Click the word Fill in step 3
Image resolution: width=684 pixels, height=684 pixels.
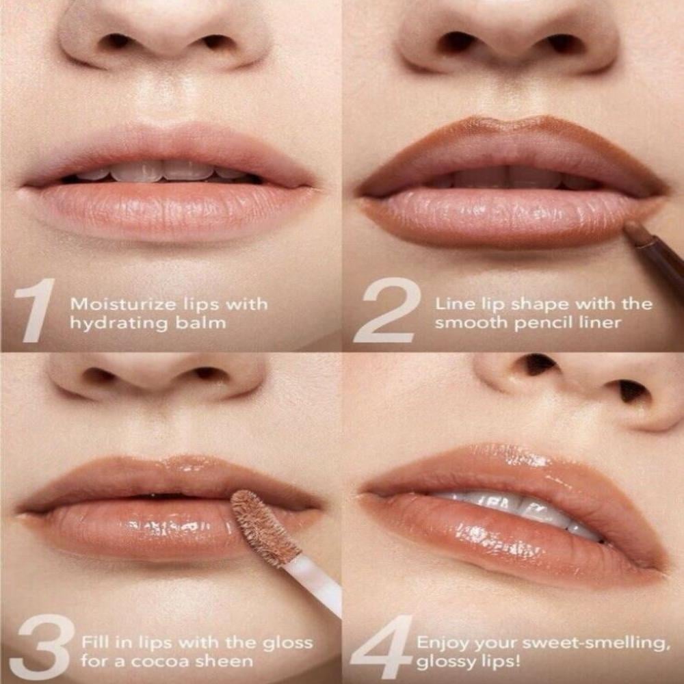(94, 643)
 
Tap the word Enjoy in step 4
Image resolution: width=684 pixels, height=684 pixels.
(440, 644)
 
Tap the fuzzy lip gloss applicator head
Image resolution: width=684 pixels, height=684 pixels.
(263, 527)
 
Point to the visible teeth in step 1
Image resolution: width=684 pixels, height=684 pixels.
(161, 171)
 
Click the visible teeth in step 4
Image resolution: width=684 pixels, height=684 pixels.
(520, 506)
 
